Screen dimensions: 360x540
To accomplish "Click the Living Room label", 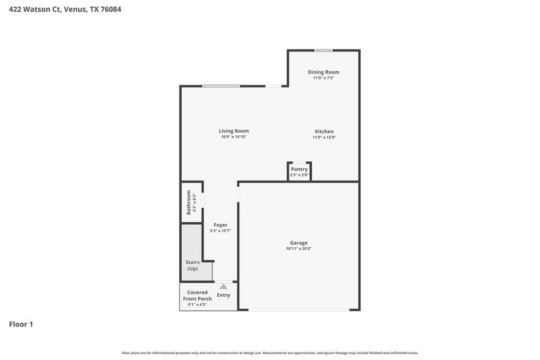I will (234, 131).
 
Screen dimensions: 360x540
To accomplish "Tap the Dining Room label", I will (323, 72).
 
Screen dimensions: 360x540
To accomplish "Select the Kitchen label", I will (324, 132).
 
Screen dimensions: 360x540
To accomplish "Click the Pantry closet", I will (299, 171).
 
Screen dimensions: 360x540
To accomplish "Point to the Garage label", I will (299, 243).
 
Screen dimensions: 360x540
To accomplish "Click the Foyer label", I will (220, 225).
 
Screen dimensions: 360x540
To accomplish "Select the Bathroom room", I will (191, 203).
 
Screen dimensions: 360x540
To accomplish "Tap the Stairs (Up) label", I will (192, 265).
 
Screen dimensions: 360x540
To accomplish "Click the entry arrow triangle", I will (223, 286).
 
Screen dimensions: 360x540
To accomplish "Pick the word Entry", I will (223, 296).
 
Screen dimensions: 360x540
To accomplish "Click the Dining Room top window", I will (323, 50).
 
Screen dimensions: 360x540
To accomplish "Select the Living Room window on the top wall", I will (221, 86).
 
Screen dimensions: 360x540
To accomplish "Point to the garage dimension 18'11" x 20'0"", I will (299, 249).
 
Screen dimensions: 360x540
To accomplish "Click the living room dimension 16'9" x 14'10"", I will (234, 137).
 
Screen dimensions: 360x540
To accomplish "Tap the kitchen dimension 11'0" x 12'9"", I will (324, 138).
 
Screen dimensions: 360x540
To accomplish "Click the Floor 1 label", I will (21, 324).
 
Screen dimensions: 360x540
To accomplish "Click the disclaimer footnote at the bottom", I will (269, 353).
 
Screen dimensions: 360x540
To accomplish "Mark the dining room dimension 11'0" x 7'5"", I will (323, 78).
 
